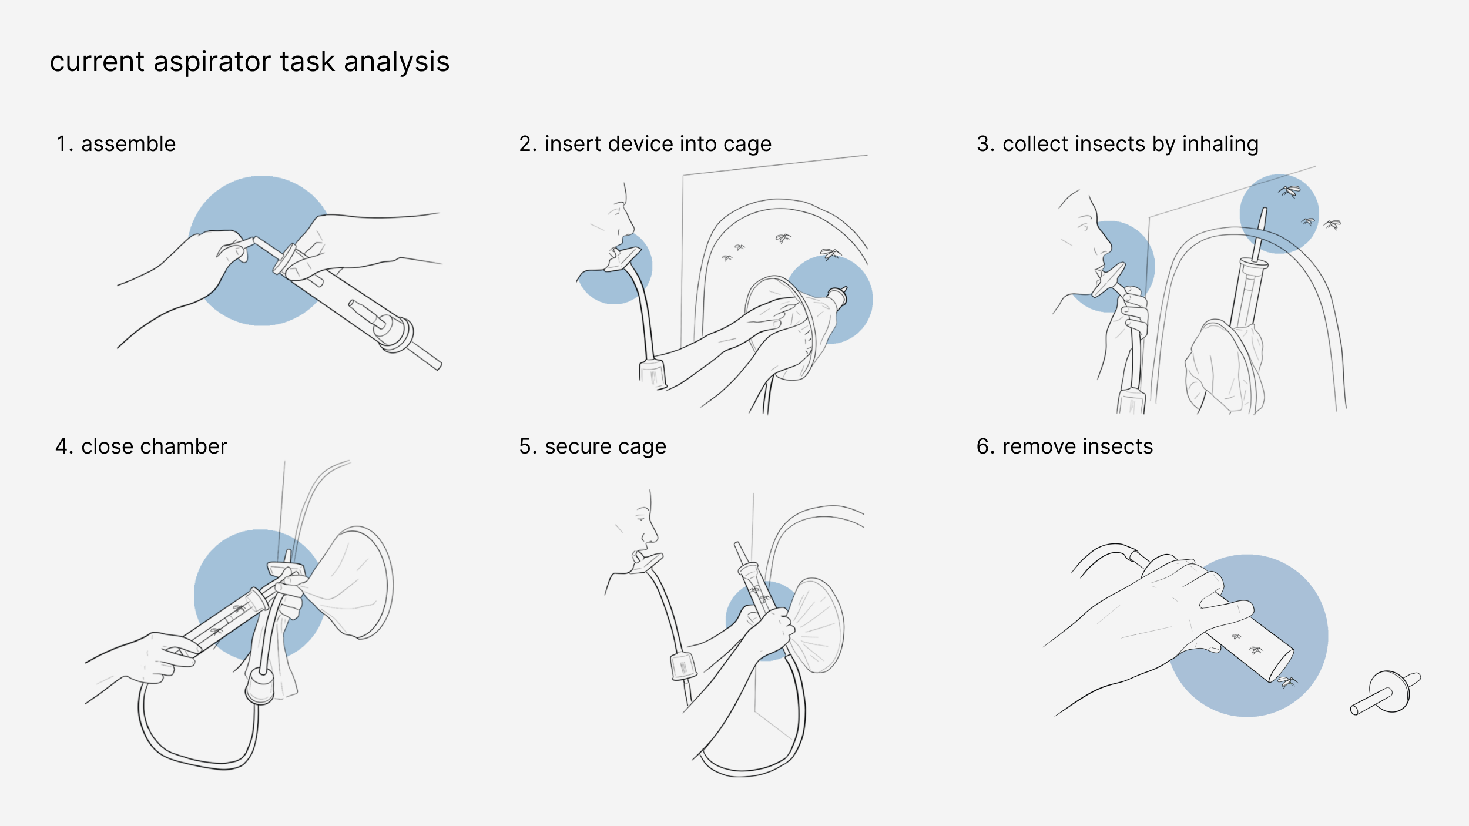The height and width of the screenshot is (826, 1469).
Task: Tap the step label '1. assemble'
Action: [x=116, y=144]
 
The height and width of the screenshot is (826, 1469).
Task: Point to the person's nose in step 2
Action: [x=629, y=223]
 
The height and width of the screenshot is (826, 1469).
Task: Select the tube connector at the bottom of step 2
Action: [x=652, y=374]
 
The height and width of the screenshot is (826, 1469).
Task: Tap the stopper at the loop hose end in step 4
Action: [x=260, y=686]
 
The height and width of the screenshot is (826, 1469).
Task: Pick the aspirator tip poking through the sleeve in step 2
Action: [x=837, y=297]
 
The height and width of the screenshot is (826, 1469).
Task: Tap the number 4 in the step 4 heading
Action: [x=61, y=447]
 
